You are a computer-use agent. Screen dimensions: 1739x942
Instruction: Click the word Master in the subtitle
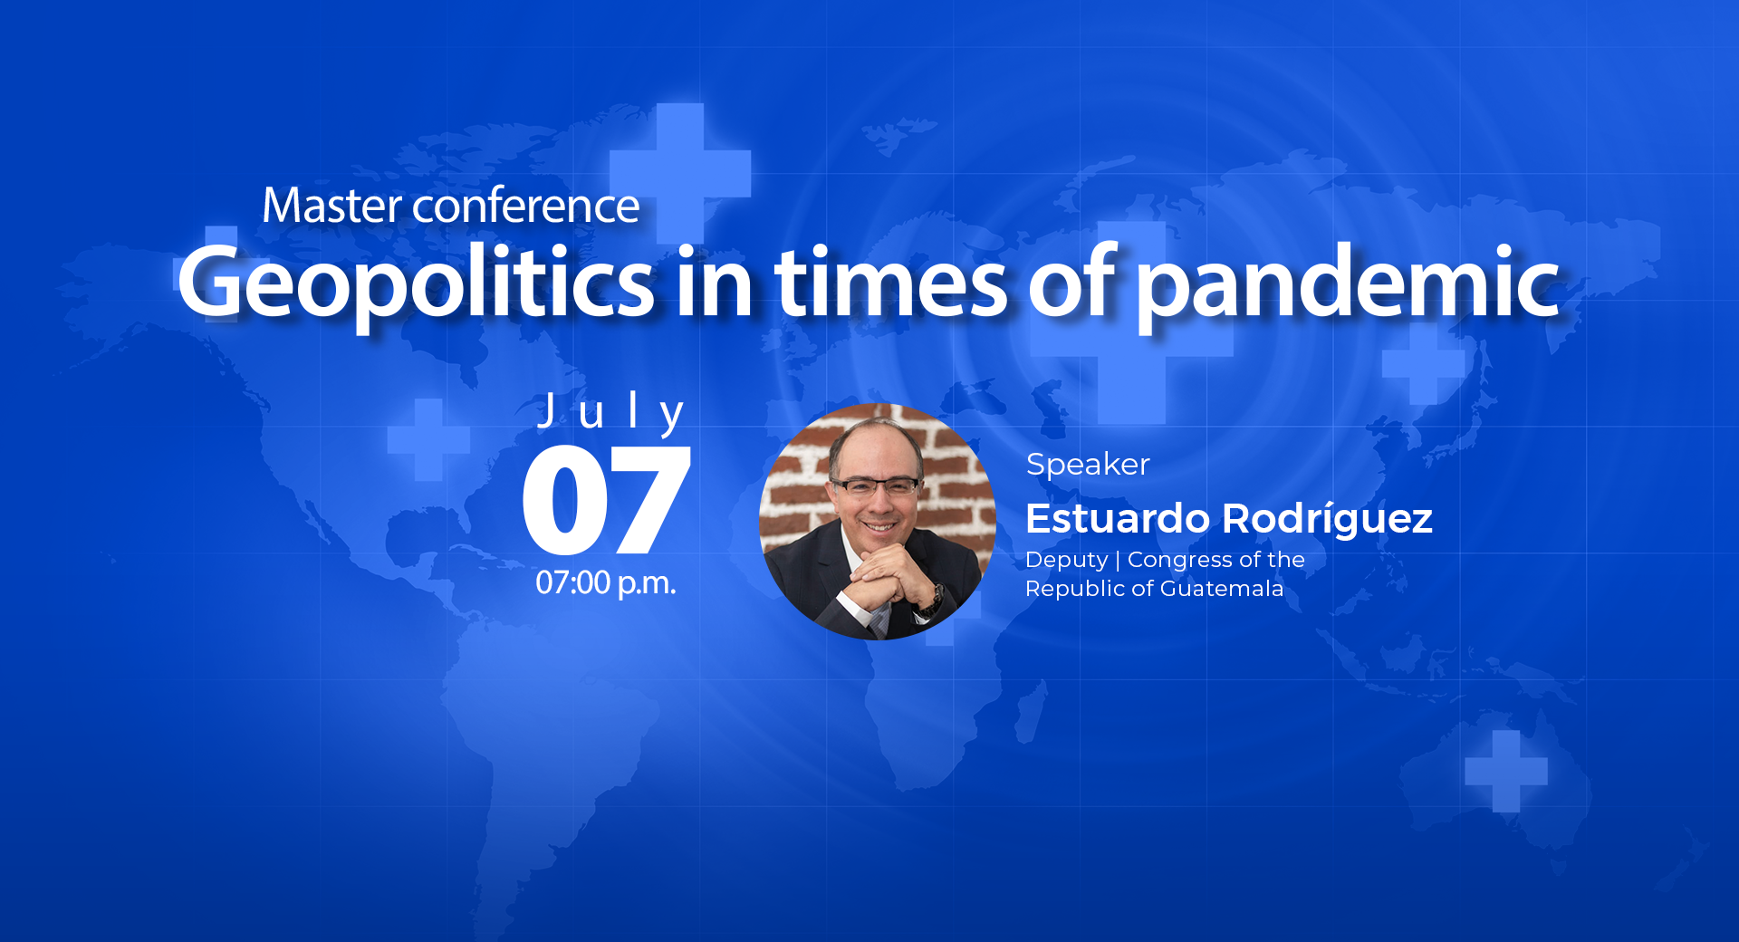click(331, 206)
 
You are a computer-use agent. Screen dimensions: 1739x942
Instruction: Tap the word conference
click(526, 206)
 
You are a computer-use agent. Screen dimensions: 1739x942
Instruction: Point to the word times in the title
click(890, 282)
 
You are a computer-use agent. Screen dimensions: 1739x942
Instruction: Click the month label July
click(611, 413)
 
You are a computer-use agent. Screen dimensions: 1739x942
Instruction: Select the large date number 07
click(607, 500)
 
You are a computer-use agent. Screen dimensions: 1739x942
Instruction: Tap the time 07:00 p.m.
click(606, 582)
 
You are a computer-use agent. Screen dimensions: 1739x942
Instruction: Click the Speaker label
click(1088, 465)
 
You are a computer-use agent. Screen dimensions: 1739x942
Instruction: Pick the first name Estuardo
click(1118, 519)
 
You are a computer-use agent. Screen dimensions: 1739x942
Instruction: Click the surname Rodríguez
click(1327, 519)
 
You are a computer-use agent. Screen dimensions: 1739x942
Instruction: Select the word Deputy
click(1066, 561)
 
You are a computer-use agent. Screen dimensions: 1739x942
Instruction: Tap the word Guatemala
click(1221, 589)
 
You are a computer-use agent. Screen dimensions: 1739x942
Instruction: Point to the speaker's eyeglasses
click(876, 486)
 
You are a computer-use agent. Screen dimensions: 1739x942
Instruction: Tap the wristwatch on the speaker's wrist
click(934, 598)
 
